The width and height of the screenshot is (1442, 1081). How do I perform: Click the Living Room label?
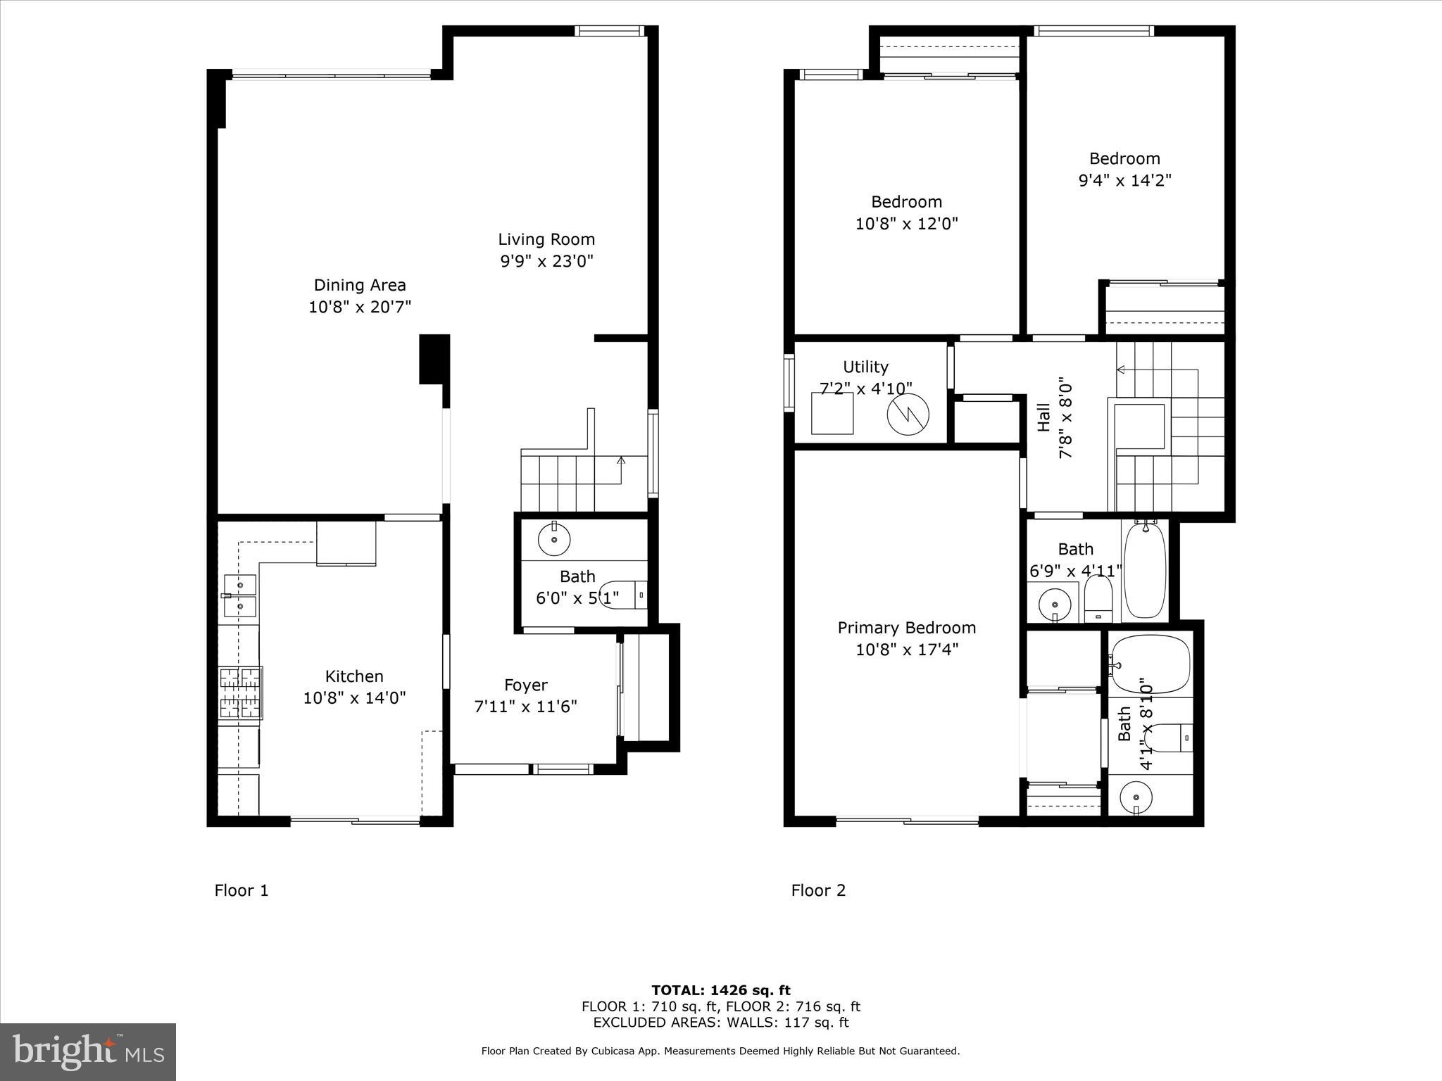click(546, 239)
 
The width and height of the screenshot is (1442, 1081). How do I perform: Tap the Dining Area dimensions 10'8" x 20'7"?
click(359, 307)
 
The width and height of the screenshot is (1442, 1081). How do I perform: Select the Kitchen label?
click(354, 676)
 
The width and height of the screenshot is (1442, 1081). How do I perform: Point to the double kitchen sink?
click(240, 595)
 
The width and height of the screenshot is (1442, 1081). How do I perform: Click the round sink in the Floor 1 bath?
click(554, 540)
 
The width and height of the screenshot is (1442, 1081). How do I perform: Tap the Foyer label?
click(525, 685)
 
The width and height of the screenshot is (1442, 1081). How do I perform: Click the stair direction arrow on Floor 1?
click(620, 462)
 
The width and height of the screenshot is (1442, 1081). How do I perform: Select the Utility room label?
click(865, 367)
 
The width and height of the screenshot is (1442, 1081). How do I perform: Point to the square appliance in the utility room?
click(832, 413)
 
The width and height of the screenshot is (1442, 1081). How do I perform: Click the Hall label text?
click(1044, 417)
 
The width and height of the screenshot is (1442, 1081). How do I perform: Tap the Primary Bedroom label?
click(906, 628)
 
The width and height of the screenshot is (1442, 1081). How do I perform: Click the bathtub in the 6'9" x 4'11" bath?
click(1145, 570)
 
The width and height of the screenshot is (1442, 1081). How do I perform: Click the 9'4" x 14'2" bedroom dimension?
click(1124, 180)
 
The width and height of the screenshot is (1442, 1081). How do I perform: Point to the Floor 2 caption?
click(818, 890)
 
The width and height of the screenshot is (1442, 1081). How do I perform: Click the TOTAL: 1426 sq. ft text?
click(720, 990)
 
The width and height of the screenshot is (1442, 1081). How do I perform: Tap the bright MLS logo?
click(88, 1051)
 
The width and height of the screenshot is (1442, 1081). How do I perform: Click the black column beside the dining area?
click(434, 359)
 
